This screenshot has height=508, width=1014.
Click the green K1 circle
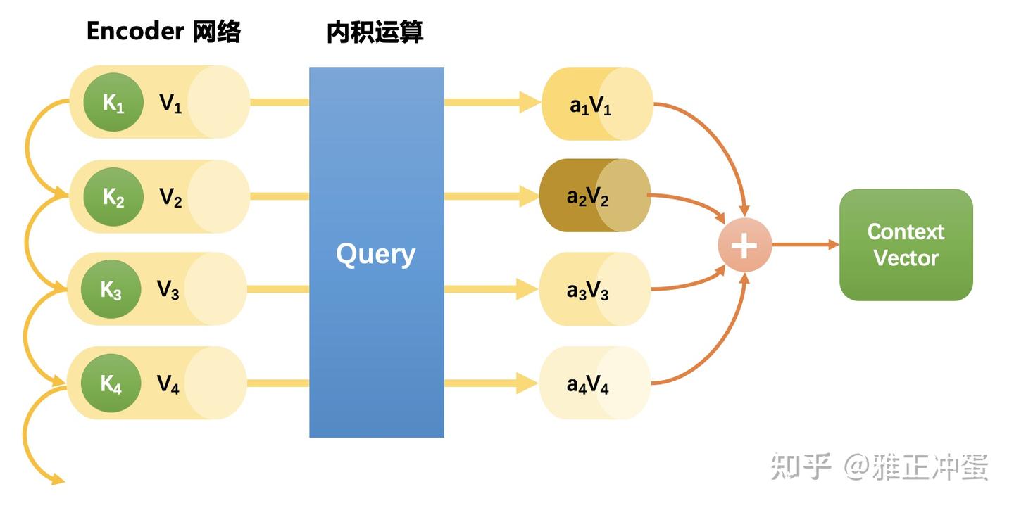click(x=113, y=103)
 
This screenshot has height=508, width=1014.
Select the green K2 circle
click(x=113, y=197)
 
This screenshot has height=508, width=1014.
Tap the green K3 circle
click(x=111, y=289)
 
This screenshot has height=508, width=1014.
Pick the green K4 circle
click(x=111, y=383)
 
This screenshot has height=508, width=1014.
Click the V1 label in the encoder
click(x=170, y=104)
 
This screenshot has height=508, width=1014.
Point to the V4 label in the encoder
click(x=168, y=384)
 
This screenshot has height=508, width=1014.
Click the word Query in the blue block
click(x=375, y=254)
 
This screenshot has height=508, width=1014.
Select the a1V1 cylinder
click(x=597, y=104)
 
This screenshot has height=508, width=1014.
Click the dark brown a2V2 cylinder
click(x=594, y=196)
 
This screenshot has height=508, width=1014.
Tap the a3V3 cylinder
click(x=594, y=290)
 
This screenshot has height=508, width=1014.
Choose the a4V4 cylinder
click(x=594, y=384)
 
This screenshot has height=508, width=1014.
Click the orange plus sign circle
click(x=744, y=246)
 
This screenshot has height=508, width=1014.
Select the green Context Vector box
click(x=906, y=245)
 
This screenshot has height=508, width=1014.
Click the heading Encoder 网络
click(x=163, y=32)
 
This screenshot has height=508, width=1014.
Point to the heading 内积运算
click(x=375, y=32)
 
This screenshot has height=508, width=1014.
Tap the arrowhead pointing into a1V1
click(x=530, y=102)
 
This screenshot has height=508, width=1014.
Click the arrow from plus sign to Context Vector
click(x=806, y=245)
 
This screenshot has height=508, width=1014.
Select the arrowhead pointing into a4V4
click(x=528, y=383)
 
